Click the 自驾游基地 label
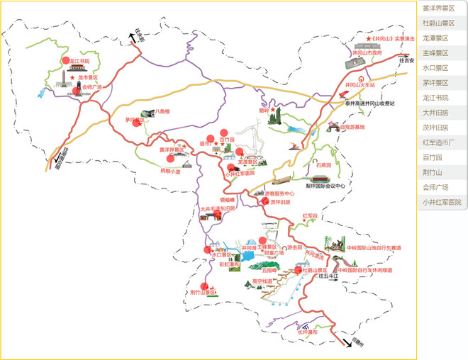pyautogui.click(x=352, y=127)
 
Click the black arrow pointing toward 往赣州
pyautogui.click(x=347, y=341)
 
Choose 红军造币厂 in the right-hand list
pyautogui.click(x=441, y=142)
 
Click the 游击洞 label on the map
pyautogui.click(x=294, y=248)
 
